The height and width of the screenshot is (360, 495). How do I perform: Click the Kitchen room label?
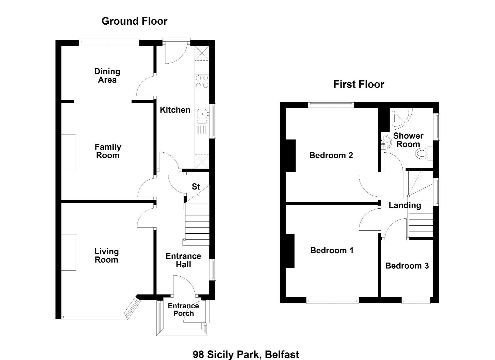(x=175, y=110)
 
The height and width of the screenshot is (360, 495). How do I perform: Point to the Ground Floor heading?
(x=134, y=21)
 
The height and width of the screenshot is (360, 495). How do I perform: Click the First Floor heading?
(x=359, y=84)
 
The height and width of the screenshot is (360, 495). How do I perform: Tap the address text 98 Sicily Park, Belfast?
(x=246, y=354)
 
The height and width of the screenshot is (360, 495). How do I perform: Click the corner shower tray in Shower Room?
(x=401, y=119)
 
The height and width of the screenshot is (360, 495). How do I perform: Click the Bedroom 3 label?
(x=407, y=266)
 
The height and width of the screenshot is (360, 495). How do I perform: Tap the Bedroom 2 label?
(x=331, y=155)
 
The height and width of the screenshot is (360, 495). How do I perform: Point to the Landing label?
(x=405, y=205)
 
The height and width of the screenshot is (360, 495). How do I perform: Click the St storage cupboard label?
(x=196, y=187)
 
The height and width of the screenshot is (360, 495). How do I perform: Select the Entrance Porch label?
(x=183, y=310)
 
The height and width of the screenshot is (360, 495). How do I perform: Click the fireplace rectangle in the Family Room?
(x=69, y=153)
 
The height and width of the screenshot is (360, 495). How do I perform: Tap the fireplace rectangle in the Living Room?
(x=69, y=252)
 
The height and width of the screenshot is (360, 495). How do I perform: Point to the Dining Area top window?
(x=109, y=42)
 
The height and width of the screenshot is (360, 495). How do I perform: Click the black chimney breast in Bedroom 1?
(x=290, y=251)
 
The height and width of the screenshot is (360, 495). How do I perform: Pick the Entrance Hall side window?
(x=212, y=269)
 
